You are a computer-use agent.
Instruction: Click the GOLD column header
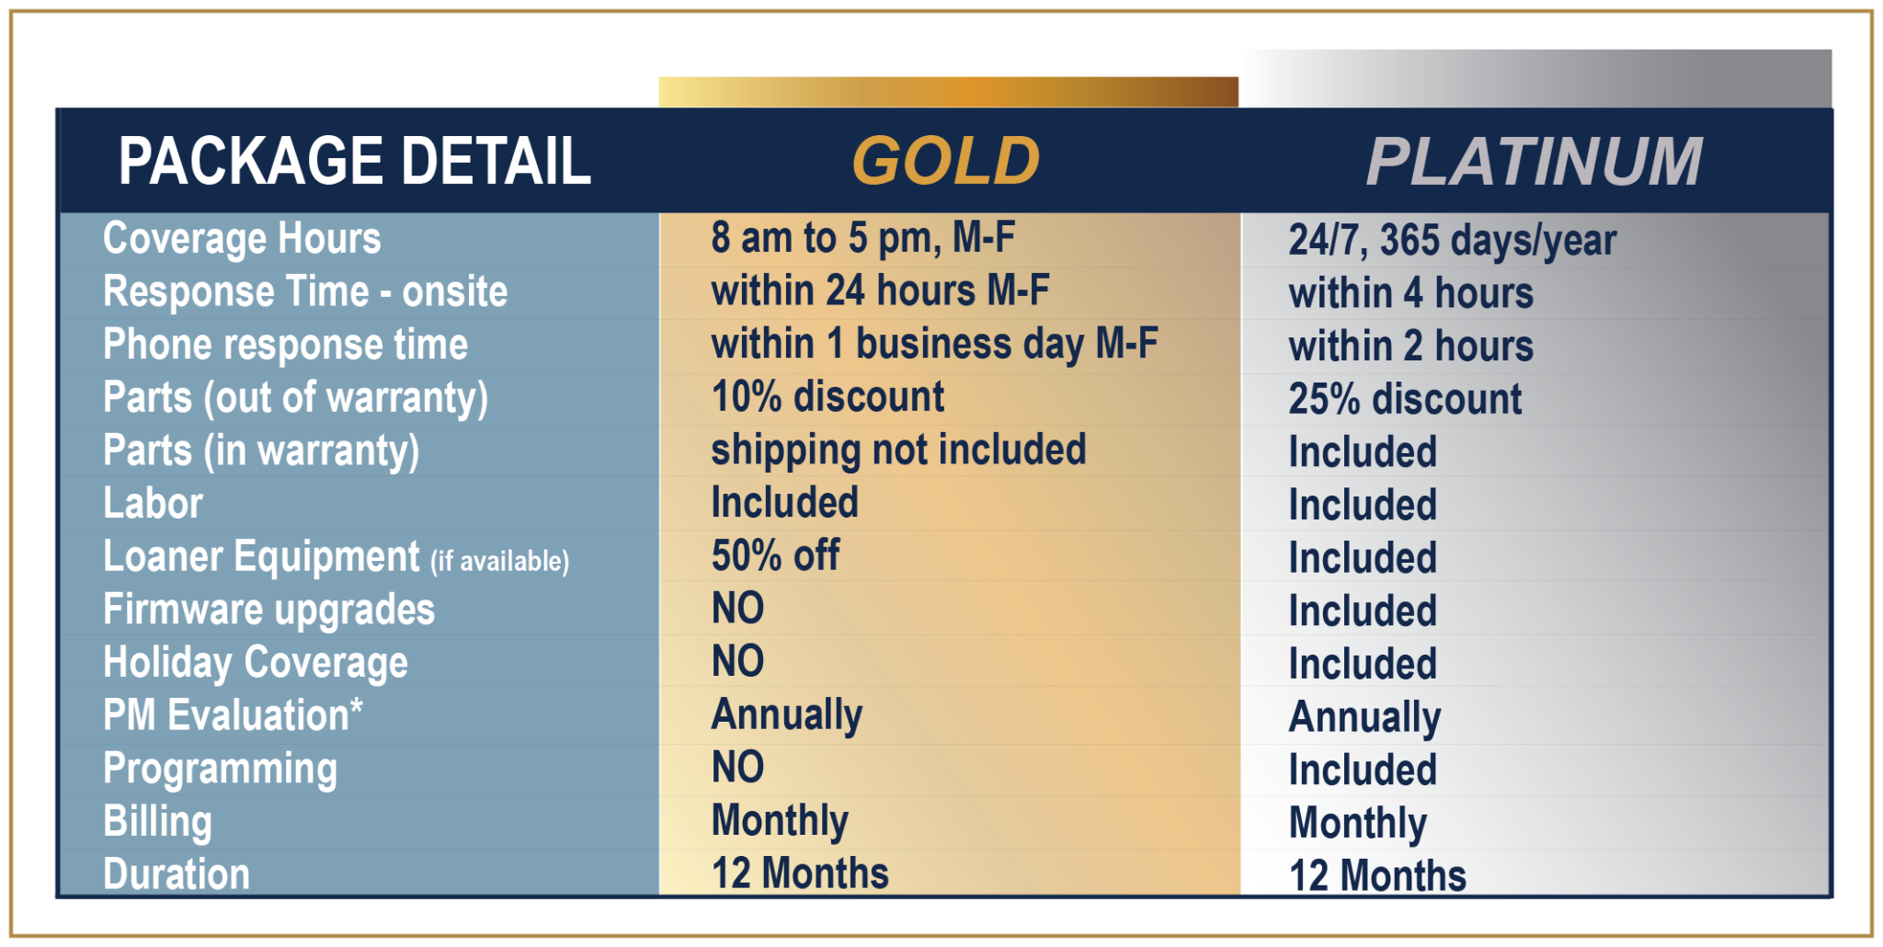946,161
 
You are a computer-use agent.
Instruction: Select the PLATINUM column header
1535,162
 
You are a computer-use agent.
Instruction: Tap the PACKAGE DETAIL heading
355,161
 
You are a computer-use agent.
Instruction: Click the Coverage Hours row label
242,239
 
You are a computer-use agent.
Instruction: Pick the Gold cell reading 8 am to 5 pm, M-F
863,238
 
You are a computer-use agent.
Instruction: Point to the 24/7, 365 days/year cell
1453,241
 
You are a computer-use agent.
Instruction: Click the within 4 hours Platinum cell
1411,293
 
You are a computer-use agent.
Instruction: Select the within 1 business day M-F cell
934,345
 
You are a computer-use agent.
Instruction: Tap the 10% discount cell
827,397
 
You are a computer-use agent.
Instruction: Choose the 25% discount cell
1405,399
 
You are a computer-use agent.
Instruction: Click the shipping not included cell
898,451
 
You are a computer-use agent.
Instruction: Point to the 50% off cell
775,555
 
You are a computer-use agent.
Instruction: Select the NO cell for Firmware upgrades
737,609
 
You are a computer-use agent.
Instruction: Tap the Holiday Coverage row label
256,663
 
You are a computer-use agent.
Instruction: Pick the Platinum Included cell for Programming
1363,770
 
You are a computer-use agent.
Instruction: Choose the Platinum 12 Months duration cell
1377,875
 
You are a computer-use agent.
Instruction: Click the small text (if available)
500,561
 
